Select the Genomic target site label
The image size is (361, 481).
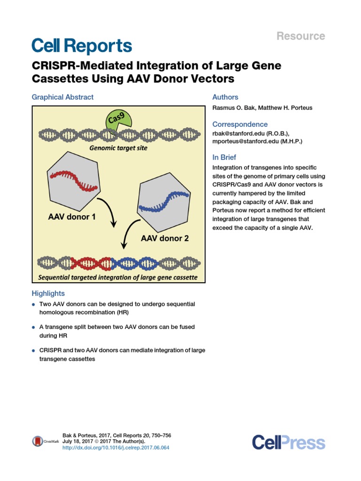click(118, 148)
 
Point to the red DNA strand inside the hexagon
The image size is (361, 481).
click(76, 181)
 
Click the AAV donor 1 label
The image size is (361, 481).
click(72, 217)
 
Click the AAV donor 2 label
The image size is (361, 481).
click(165, 238)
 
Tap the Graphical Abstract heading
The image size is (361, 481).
click(63, 97)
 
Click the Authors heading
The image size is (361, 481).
click(225, 97)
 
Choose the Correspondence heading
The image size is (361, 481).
click(240, 124)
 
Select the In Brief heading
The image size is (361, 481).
click(224, 157)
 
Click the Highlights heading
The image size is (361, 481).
click(48, 294)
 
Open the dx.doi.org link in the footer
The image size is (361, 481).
click(116, 448)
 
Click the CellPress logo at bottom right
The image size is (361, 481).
click(288, 442)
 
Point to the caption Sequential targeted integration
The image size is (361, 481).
click(118, 277)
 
